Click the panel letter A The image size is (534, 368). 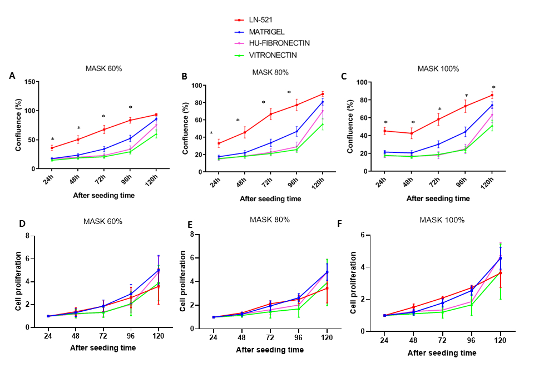pyautogui.click(x=12, y=76)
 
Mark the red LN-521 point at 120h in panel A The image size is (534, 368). pyautogui.click(x=156, y=115)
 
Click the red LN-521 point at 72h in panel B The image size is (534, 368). pyautogui.click(x=271, y=115)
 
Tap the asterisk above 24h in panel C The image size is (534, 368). pyautogui.click(x=385, y=122)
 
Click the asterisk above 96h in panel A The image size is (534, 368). pyautogui.click(x=130, y=108)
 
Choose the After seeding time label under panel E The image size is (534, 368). pyautogui.click(x=270, y=350)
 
